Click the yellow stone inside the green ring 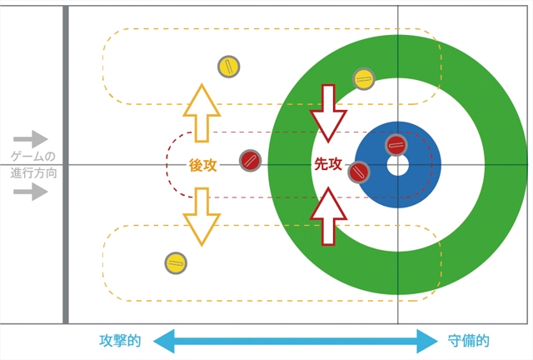pos(363,79)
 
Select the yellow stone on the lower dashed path pos(176,262)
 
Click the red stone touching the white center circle pos(396,146)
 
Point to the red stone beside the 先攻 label pos(359,172)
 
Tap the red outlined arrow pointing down pos(327,111)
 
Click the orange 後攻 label pos(202,165)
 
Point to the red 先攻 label pos(327,165)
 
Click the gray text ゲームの pos(32,157)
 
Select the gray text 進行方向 pos(32,173)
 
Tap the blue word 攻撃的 pos(120,341)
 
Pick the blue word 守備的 pos(468,341)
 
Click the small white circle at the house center pos(397,165)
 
